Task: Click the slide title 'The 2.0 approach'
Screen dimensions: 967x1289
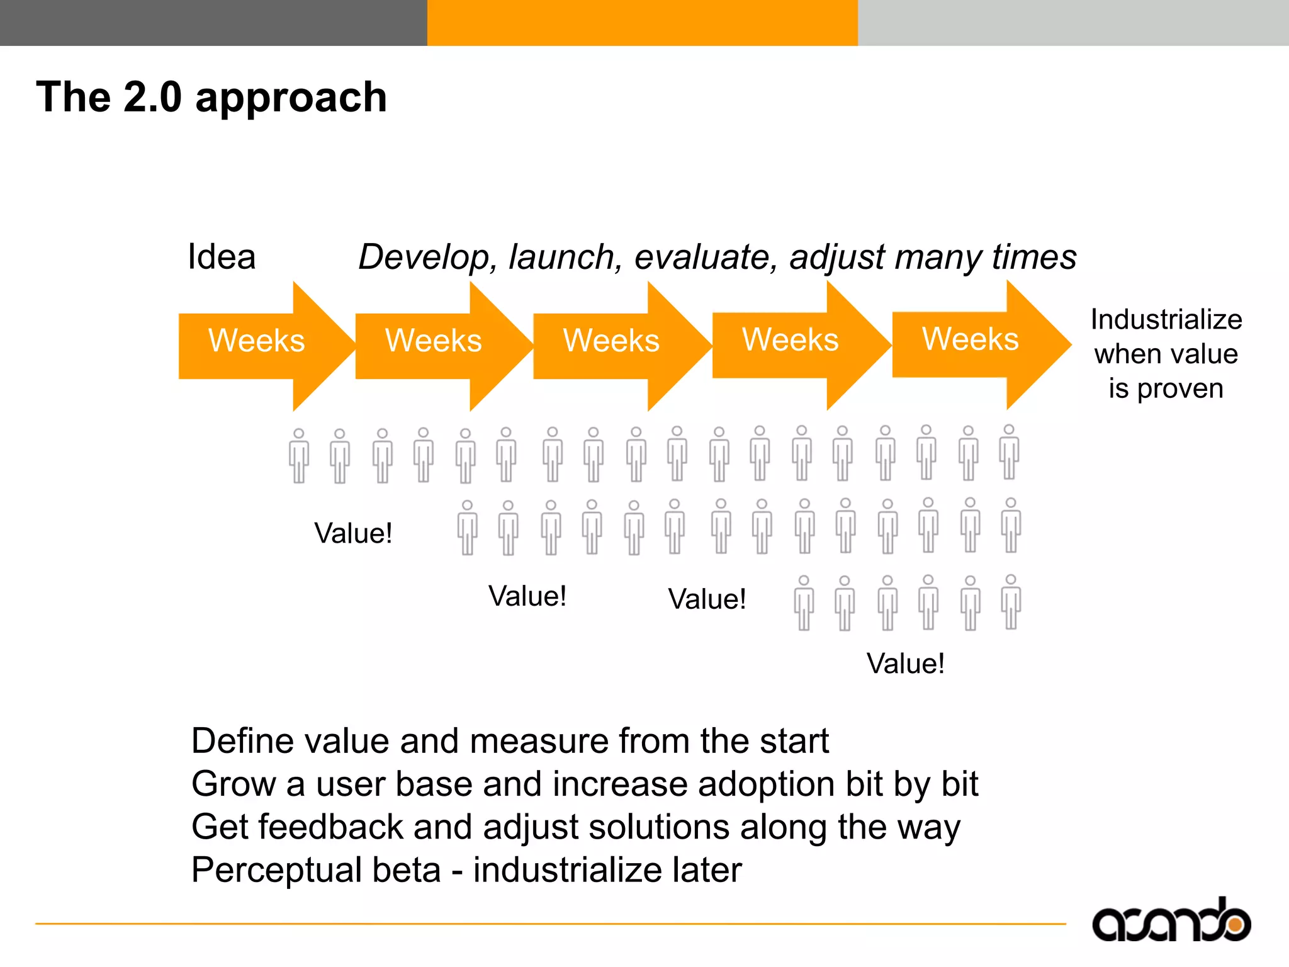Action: coord(211,98)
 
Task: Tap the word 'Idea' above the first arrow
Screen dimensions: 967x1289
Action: coord(222,257)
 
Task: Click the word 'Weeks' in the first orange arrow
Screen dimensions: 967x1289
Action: coord(256,341)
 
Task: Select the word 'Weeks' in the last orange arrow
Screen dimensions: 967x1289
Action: coord(970,339)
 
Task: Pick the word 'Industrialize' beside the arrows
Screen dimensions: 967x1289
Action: coord(1166,320)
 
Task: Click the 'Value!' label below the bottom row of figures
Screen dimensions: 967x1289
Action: coord(905,664)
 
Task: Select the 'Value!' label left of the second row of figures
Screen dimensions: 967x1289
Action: coord(353,533)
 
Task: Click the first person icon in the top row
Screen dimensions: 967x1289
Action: coord(299,456)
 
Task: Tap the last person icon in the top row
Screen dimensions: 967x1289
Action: coord(1009,452)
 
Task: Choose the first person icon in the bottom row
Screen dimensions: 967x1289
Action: coord(804,602)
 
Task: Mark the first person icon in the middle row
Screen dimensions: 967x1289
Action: coord(467,528)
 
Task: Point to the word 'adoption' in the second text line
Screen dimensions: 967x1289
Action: coord(766,784)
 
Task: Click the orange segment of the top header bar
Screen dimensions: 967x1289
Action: coord(642,23)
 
